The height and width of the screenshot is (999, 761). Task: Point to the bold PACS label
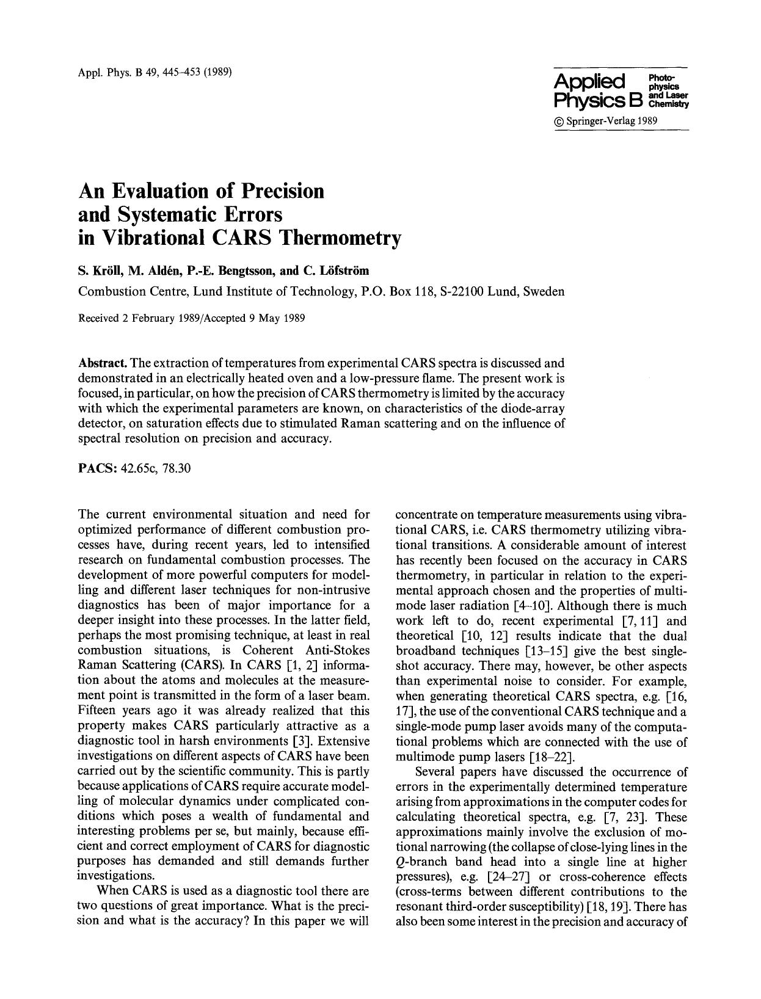tap(98, 469)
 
